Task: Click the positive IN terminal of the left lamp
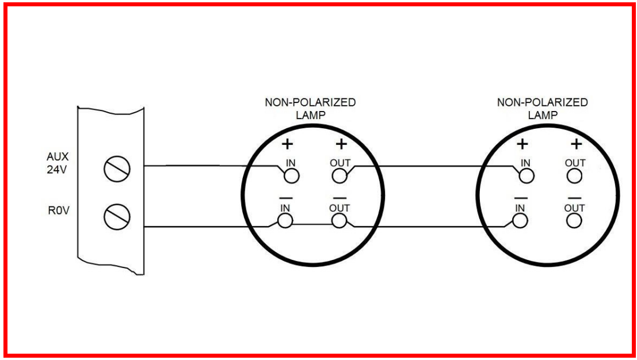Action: [x=291, y=175]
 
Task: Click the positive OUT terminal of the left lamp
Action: [x=340, y=175]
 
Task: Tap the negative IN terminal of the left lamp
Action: [x=284, y=220]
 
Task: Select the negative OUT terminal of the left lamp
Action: [x=340, y=220]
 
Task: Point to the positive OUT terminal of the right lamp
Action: [x=574, y=175]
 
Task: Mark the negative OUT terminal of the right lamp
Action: [x=574, y=220]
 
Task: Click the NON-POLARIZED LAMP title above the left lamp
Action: [x=310, y=108]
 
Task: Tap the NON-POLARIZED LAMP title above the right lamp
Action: [x=543, y=108]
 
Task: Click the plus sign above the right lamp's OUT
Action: [x=574, y=144]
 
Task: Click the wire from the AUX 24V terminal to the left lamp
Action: [x=207, y=167]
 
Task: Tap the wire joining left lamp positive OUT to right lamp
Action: [x=432, y=167]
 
